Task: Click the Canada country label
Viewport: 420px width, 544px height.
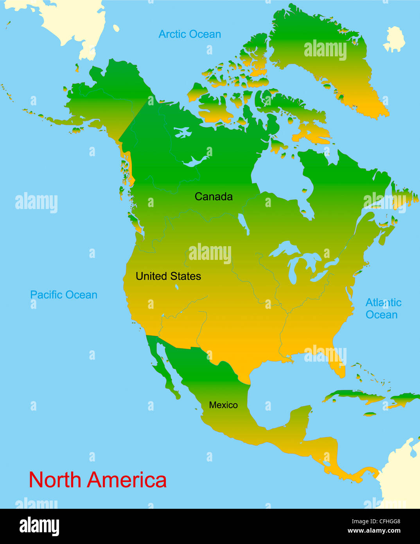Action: click(x=214, y=196)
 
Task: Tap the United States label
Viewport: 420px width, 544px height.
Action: click(x=168, y=276)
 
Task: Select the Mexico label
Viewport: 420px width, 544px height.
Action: click(x=223, y=405)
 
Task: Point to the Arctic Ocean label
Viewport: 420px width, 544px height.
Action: click(x=190, y=34)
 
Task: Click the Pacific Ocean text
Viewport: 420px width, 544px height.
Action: click(x=64, y=295)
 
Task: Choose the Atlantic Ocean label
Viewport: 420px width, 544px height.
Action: click(x=383, y=308)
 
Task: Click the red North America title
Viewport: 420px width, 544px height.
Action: click(x=98, y=480)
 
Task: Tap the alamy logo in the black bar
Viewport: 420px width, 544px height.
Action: click(x=39, y=526)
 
